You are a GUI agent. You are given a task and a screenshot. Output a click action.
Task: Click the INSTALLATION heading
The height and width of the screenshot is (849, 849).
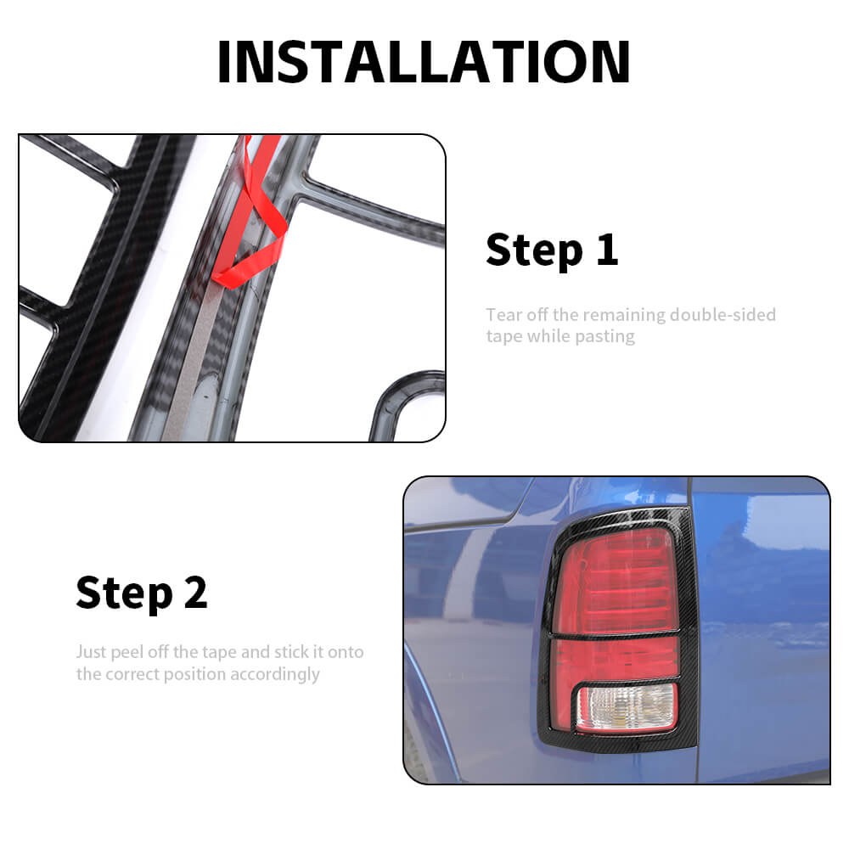click(424, 62)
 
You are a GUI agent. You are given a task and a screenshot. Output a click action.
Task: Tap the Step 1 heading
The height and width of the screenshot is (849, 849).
click(552, 250)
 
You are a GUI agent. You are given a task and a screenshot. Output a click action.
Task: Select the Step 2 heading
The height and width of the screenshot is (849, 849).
click(142, 593)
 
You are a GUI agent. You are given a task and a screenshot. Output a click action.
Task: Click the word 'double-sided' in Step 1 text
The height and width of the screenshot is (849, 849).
click(722, 315)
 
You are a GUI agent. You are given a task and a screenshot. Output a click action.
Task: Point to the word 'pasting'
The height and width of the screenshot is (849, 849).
click(604, 337)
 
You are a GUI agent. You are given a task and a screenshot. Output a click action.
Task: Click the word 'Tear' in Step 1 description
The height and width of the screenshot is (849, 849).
click(503, 315)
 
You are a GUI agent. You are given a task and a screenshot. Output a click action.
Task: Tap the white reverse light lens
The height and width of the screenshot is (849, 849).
click(627, 706)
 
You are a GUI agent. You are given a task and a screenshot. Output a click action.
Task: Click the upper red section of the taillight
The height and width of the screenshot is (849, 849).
click(616, 582)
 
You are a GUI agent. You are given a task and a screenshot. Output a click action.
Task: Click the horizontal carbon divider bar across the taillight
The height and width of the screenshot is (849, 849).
click(615, 634)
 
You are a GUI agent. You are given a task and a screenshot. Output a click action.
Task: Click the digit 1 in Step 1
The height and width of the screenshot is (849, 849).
click(607, 250)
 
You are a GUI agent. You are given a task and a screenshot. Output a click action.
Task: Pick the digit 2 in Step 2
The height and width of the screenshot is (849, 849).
click(195, 593)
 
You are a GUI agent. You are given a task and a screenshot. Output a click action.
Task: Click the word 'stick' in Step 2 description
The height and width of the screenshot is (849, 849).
click(291, 652)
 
